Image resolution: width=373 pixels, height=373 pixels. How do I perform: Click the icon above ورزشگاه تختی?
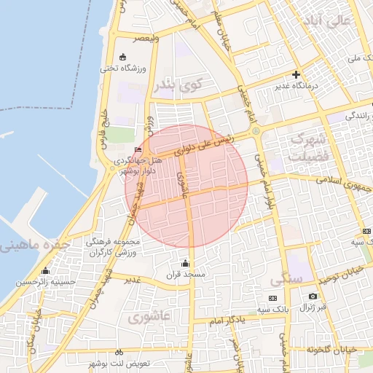122,57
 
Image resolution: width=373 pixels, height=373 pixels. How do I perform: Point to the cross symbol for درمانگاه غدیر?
296,74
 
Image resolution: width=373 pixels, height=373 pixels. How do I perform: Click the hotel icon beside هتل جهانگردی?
138,150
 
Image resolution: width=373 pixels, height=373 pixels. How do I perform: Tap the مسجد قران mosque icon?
185,263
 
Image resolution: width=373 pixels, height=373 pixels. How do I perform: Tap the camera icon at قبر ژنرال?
313,297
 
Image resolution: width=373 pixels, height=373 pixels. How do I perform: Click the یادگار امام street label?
232,320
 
